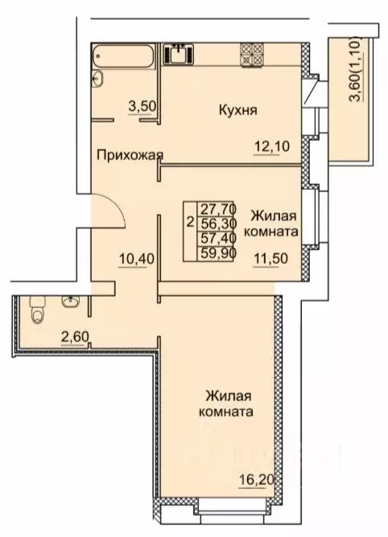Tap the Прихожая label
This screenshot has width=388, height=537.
click(129, 155)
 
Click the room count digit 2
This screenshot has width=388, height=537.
click(190, 222)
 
